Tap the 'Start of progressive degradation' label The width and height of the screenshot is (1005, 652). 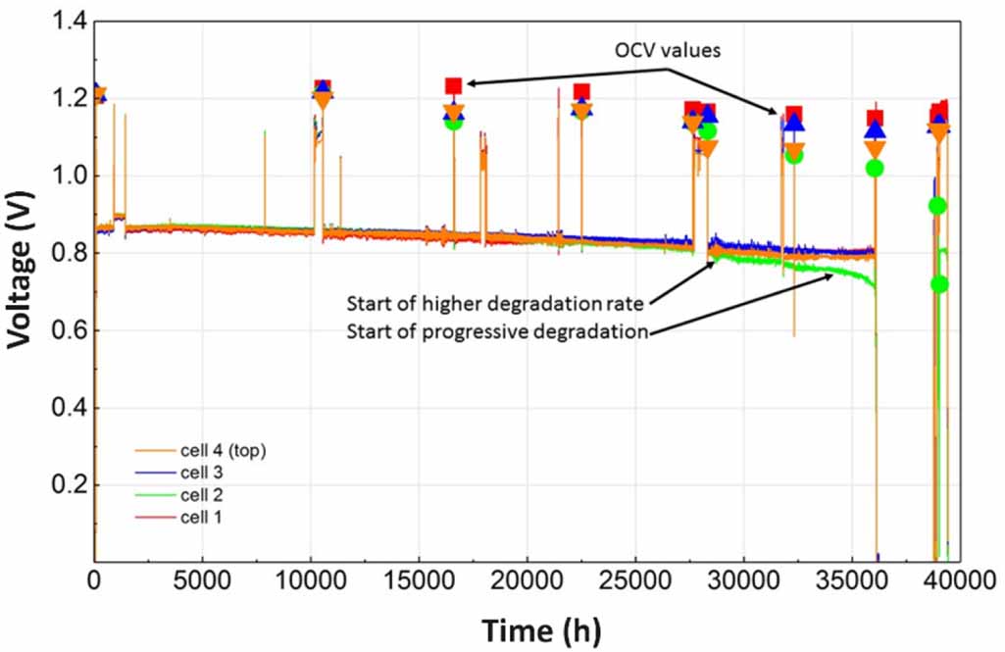point(498,330)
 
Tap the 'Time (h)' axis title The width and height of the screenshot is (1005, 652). point(541,627)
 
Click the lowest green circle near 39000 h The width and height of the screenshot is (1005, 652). point(940,284)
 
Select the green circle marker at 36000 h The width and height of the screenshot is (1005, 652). point(875,168)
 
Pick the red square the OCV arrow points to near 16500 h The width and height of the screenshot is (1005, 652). point(453,86)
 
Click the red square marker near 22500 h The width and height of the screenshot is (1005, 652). point(581,92)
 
